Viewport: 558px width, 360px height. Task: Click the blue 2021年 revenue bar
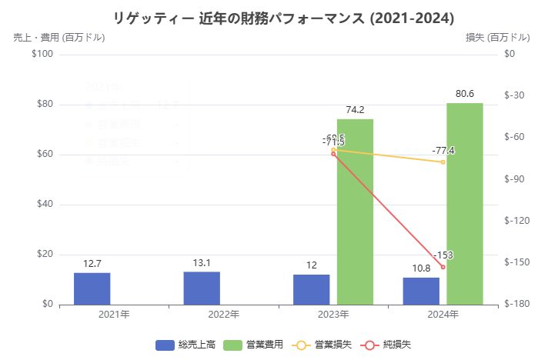pos(92,288)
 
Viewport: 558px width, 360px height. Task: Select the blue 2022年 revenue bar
pos(202,288)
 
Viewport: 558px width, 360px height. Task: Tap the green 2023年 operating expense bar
pos(355,212)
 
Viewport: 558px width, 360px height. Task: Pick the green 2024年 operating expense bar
pos(464,204)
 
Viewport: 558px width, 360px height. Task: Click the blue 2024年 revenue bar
pos(421,291)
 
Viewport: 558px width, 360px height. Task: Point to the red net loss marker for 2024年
pos(443,267)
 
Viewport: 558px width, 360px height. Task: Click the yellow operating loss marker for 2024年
pos(443,162)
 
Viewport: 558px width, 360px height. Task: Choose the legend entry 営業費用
pos(257,345)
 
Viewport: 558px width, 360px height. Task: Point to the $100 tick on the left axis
pos(42,55)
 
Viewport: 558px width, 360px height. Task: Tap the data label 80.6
pos(464,94)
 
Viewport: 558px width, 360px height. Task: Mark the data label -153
pos(443,255)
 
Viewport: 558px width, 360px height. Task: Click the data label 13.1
pos(202,262)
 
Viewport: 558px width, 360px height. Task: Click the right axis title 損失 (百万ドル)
pos(497,37)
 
